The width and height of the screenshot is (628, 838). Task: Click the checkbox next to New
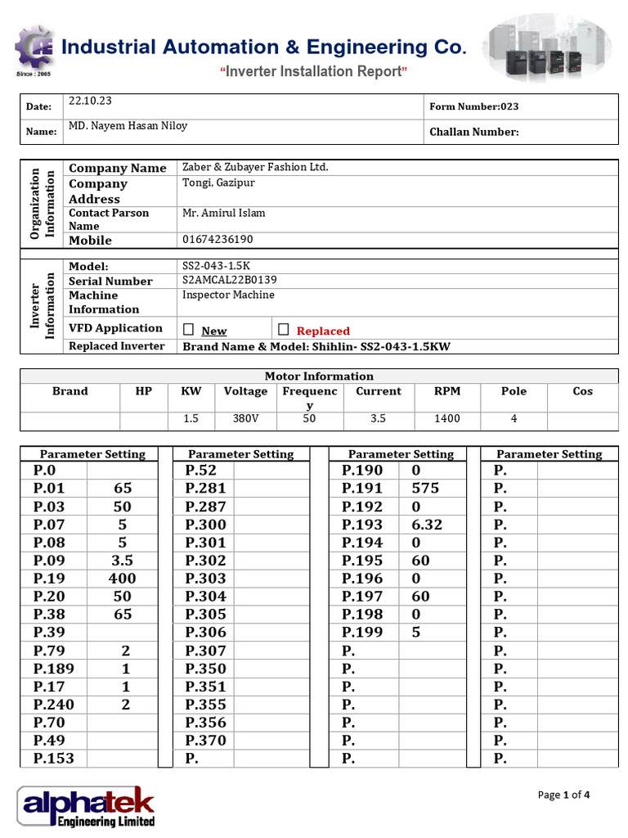pyautogui.click(x=189, y=329)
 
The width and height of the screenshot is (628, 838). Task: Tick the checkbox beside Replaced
pyautogui.click(x=284, y=329)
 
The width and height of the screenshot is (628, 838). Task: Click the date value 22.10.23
pyautogui.click(x=91, y=101)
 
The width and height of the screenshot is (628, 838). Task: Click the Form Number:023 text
pyautogui.click(x=473, y=106)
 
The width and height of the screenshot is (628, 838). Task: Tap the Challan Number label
pyautogui.click(x=473, y=132)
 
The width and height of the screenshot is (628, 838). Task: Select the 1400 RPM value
pyautogui.click(x=447, y=418)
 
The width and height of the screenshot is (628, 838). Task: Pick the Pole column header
pyautogui.click(x=514, y=391)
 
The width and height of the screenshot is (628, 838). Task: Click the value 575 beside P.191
pyautogui.click(x=425, y=489)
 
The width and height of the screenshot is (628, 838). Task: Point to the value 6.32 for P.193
pyautogui.click(x=427, y=525)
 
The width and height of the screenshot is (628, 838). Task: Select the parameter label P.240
pyautogui.click(x=54, y=705)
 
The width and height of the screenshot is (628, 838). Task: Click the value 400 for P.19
pyautogui.click(x=122, y=579)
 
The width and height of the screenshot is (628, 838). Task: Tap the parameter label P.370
pyautogui.click(x=206, y=741)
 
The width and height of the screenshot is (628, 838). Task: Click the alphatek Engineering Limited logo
pyautogui.click(x=86, y=806)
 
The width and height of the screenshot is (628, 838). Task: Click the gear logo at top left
pyautogui.click(x=34, y=49)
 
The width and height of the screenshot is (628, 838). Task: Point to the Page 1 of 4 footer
pyautogui.click(x=563, y=795)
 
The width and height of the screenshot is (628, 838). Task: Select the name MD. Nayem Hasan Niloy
pyautogui.click(x=128, y=126)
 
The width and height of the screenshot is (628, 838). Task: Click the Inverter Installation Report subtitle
pyautogui.click(x=314, y=72)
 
